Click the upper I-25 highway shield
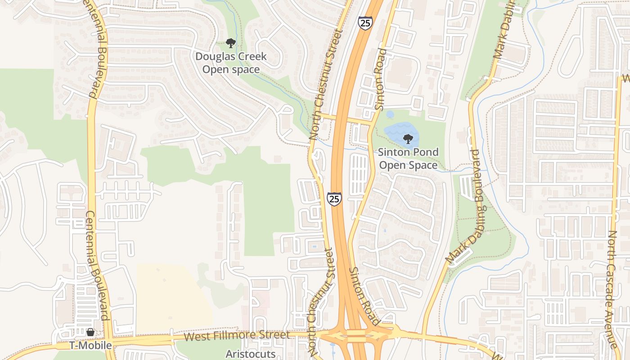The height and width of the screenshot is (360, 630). click(x=365, y=23)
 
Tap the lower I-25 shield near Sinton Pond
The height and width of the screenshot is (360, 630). click(x=334, y=198)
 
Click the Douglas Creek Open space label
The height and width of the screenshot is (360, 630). click(x=231, y=63)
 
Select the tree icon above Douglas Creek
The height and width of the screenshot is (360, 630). click(x=231, y=43)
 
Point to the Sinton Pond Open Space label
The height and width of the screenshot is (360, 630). click(x=408, y=158)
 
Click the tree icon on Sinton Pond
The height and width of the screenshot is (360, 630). click(x=408, y=139)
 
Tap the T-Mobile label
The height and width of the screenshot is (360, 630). click(x=90, y=346)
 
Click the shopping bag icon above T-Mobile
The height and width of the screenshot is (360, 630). click(x=90, y=332)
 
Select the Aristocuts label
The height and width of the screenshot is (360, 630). click(x=250, y=354)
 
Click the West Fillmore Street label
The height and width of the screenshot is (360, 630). click(x=237, y=336)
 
